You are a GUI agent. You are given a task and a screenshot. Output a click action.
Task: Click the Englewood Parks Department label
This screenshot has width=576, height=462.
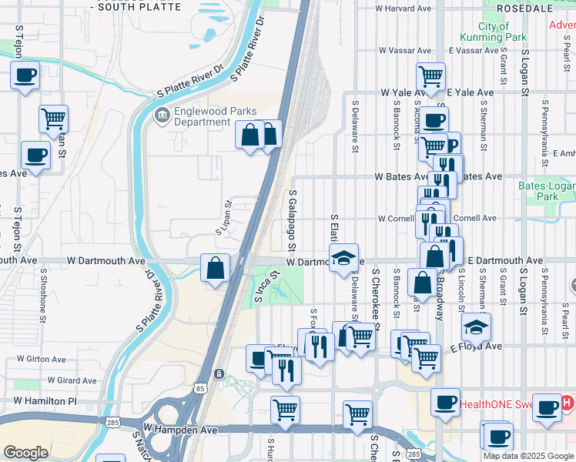[202, 116]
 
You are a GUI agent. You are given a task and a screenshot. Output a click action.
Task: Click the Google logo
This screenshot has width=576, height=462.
[25, 453]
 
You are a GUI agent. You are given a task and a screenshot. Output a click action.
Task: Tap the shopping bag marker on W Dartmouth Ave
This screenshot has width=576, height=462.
[216, 269]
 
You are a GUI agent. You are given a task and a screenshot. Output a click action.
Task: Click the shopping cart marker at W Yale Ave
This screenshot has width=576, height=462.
[430, 77]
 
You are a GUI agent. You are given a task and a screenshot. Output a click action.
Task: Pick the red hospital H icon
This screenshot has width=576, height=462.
[567, 402]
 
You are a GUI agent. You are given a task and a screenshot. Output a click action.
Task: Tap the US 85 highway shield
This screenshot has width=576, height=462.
[201, 390]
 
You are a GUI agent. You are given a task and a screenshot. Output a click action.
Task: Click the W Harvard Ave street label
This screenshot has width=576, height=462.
[403, 8]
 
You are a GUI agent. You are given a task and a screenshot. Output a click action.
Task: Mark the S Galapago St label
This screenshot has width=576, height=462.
[293, 220]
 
